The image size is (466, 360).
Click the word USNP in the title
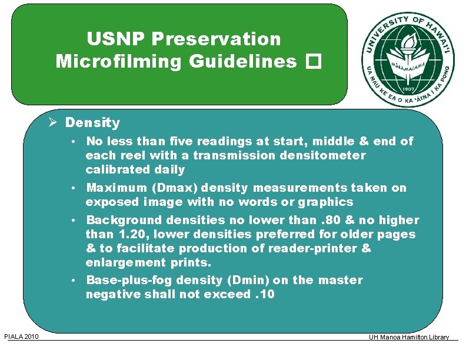click(x=118, y=39)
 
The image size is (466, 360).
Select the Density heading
click(x=92, y=123)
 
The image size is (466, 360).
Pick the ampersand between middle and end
click(x=363, y=142)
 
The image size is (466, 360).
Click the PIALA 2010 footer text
click(x=21, y=336)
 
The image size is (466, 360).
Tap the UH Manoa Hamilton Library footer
click(x=408, y=337)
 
